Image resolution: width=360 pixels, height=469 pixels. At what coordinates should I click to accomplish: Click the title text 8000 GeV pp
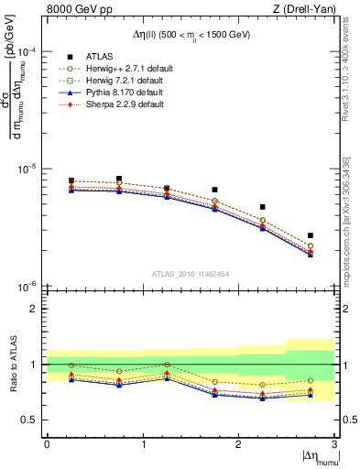(x=74, y=9)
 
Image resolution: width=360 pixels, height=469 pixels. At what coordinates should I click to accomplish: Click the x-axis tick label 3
(x=334, y=444)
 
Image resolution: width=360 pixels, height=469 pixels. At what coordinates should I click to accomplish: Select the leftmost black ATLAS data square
(x=71, y=180)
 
